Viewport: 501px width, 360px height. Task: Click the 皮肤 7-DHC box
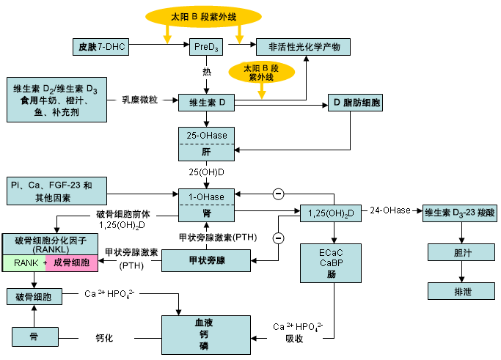(x=100, y=47)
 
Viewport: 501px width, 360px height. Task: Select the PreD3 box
(x=206, y=47)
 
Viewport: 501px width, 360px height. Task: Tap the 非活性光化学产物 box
(x=303, y=47)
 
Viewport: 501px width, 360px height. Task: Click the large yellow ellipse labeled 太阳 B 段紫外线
(x=203, y=17)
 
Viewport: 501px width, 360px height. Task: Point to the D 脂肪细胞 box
(x=355, y=103)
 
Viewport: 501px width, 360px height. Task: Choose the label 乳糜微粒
(x=140, y=100)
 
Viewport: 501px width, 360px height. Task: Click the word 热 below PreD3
(x=207, y=72)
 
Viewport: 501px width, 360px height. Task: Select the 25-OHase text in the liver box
(x=207, y=136)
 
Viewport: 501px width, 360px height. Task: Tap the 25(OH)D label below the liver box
(x=206, y=172)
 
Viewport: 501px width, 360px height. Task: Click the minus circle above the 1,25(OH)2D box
(x=278, y=194)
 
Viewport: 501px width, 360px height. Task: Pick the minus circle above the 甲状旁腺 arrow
(x=278, y=238)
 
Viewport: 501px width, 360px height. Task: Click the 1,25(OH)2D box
(x=331, y=213)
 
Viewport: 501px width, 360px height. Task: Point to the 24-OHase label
(x=390, y=210)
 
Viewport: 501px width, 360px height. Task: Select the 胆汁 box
(x=461, y=252)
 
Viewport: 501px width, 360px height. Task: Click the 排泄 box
(x=461, y=291)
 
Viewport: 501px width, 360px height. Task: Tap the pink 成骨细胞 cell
(x=72, y=263)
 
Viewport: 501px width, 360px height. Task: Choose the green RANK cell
(x=24, y=263)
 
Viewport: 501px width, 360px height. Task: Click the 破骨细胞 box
(x=34, y=296)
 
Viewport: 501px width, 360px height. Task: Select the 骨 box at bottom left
(x=35, y=337)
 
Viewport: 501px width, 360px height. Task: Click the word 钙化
(x=104, y=338)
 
